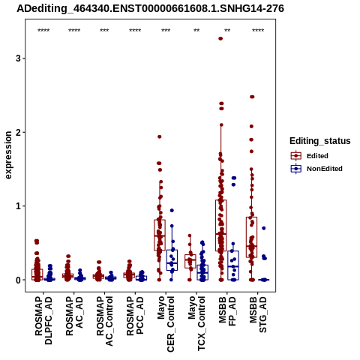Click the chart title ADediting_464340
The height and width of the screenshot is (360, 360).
click(150, 9)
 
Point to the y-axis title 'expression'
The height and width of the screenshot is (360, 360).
click(8, 155)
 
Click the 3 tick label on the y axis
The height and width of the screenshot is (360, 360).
click(18, 58)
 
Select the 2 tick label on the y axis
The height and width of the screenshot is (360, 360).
click(18, 132)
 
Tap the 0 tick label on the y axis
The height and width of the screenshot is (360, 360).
click(18, 280)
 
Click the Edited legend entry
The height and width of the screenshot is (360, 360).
click(317, 156)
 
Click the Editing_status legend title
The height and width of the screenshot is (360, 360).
click(320, 141)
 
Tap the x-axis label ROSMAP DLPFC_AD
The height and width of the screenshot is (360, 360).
click(43, 320)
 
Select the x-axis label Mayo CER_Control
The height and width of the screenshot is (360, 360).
click(166, 324)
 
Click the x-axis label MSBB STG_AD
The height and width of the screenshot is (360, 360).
click(258, 314)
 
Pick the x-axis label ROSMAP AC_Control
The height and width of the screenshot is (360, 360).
click(105, 321)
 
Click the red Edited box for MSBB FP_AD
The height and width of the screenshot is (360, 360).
click(221, 226)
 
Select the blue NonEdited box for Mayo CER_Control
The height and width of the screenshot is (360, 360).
click(172, 260)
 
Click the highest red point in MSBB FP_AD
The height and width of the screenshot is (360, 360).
click(220, 38)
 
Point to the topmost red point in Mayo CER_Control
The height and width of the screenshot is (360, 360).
click(160, 136)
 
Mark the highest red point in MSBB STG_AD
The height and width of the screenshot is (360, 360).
click(252, 97)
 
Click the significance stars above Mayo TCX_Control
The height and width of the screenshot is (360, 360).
click(196, 31)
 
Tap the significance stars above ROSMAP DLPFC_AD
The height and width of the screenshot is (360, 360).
click(43, 31)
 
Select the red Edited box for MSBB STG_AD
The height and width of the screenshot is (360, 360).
click(252, 237)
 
